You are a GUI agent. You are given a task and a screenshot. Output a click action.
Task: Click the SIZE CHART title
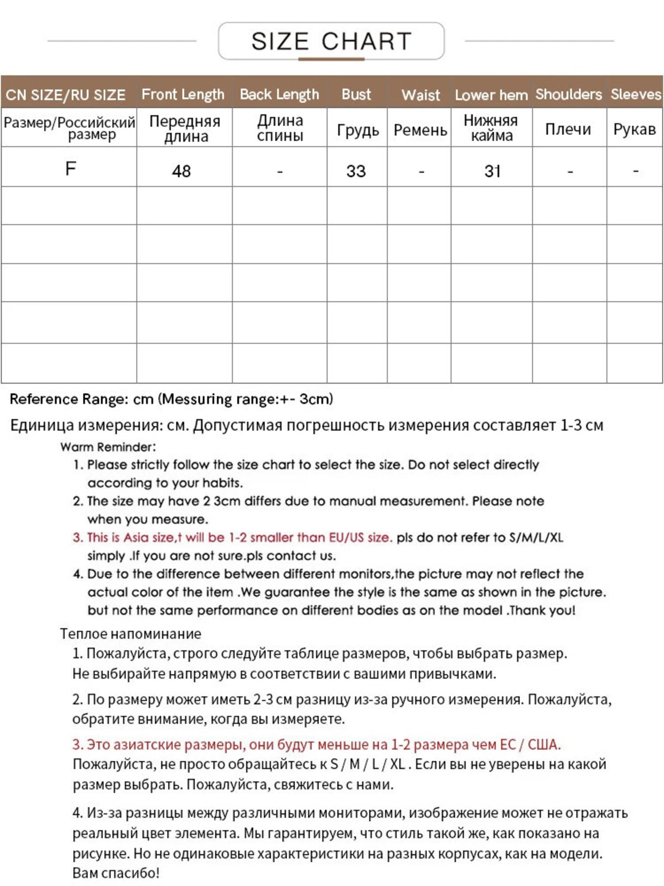(331, 41)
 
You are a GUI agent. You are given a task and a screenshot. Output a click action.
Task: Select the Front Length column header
(183, 94)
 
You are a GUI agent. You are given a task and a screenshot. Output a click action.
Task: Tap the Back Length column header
(279, 94)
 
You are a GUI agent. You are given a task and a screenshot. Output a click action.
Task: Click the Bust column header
(356, 94)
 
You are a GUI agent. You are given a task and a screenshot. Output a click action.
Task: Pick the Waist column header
(420, 95)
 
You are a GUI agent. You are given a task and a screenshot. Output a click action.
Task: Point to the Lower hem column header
(491, 95)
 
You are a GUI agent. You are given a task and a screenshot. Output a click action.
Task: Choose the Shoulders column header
(569, 94)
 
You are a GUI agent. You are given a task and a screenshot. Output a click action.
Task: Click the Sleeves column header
(635, 94)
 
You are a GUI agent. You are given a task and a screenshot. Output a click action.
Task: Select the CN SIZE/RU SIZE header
(66, 95)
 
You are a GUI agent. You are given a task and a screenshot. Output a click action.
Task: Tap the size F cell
(71, 169)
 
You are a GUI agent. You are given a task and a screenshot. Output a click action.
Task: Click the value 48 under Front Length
(182, 171)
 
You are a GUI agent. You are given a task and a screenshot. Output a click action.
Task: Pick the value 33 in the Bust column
(356, 171)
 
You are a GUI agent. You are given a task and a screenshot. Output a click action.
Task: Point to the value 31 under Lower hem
(492, 171)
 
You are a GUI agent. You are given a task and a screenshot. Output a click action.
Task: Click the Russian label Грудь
(357, 130)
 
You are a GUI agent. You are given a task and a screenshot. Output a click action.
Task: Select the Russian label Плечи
(568, 129)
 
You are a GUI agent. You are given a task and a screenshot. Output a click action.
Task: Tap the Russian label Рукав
(634, 129)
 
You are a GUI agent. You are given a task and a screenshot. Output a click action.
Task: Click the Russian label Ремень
(420, 130)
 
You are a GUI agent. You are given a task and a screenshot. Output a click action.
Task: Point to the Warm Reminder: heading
(108, 447)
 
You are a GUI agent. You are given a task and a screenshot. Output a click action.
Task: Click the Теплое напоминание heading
(130, 634)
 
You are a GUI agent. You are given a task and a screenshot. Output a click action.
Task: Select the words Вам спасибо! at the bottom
(116, 873)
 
